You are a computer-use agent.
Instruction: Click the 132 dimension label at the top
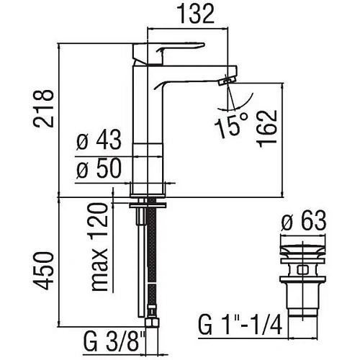pos(196,14)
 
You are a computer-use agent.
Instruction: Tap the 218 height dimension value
pos(43,109)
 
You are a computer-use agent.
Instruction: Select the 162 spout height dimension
pos(266,129)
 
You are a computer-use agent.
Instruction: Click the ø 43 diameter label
pos(99,140)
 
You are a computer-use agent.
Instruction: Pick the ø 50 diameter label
pos(99,168)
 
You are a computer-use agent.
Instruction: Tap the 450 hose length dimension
pos(43,271)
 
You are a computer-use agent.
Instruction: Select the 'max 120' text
pos(99,247)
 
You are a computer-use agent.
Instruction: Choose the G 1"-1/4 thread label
pos(240,325)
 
